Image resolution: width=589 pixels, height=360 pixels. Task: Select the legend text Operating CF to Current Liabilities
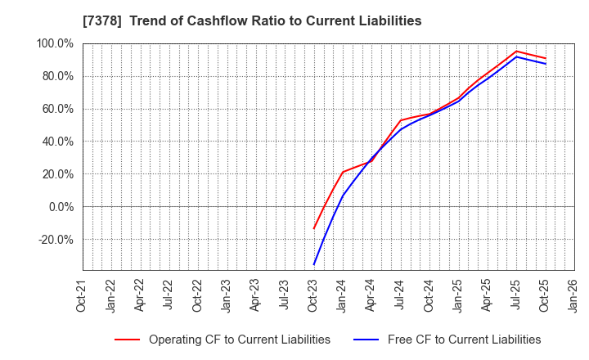(239, 340)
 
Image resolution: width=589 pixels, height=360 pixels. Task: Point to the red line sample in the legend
(127, 340)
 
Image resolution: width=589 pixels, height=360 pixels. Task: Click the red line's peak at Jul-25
(516, 51)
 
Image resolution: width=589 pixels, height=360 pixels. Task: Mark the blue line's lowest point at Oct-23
(313, 264)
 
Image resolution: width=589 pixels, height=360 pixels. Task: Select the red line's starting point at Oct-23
(313, 228)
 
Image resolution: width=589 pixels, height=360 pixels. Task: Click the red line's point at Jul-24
(400, 120)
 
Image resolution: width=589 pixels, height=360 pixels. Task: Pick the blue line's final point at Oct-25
(545, 64)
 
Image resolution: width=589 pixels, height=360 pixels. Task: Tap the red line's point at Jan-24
(343, 172)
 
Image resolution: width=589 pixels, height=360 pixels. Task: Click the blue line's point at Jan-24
(343, 196)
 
